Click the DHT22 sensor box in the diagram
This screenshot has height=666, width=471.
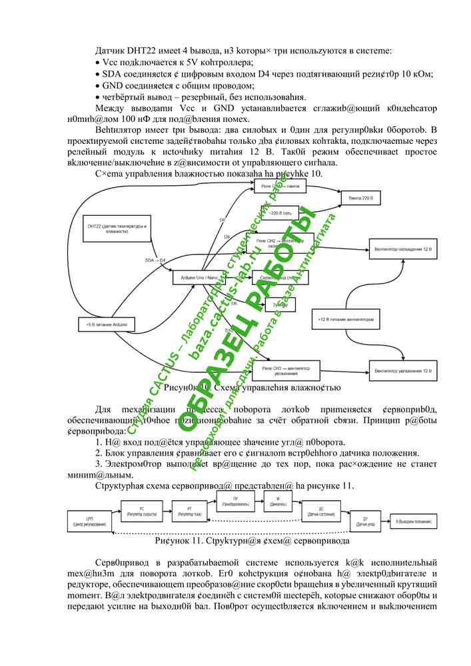pyautogui.click(x=115, y=231)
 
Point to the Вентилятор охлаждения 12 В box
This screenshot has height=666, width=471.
pyautogui.click(x=403, y=250)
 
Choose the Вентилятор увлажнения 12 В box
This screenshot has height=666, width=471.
pyautogui.click(x=403, y=369)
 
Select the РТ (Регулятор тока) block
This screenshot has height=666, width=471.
pyautogui.click(x=189, y=511)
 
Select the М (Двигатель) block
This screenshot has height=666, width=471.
pyautogui.click(x=278, y=501)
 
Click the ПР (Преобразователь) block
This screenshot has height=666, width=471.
pyautogui.click(x=235, y=501)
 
